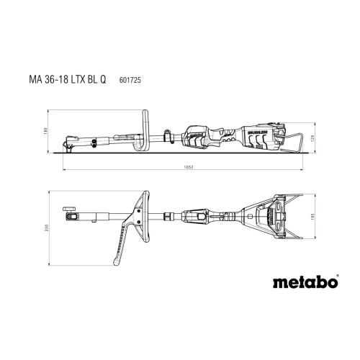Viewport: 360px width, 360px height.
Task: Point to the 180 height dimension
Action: click(45, 131)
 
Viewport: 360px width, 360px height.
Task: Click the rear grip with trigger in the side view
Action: click(199, 135)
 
